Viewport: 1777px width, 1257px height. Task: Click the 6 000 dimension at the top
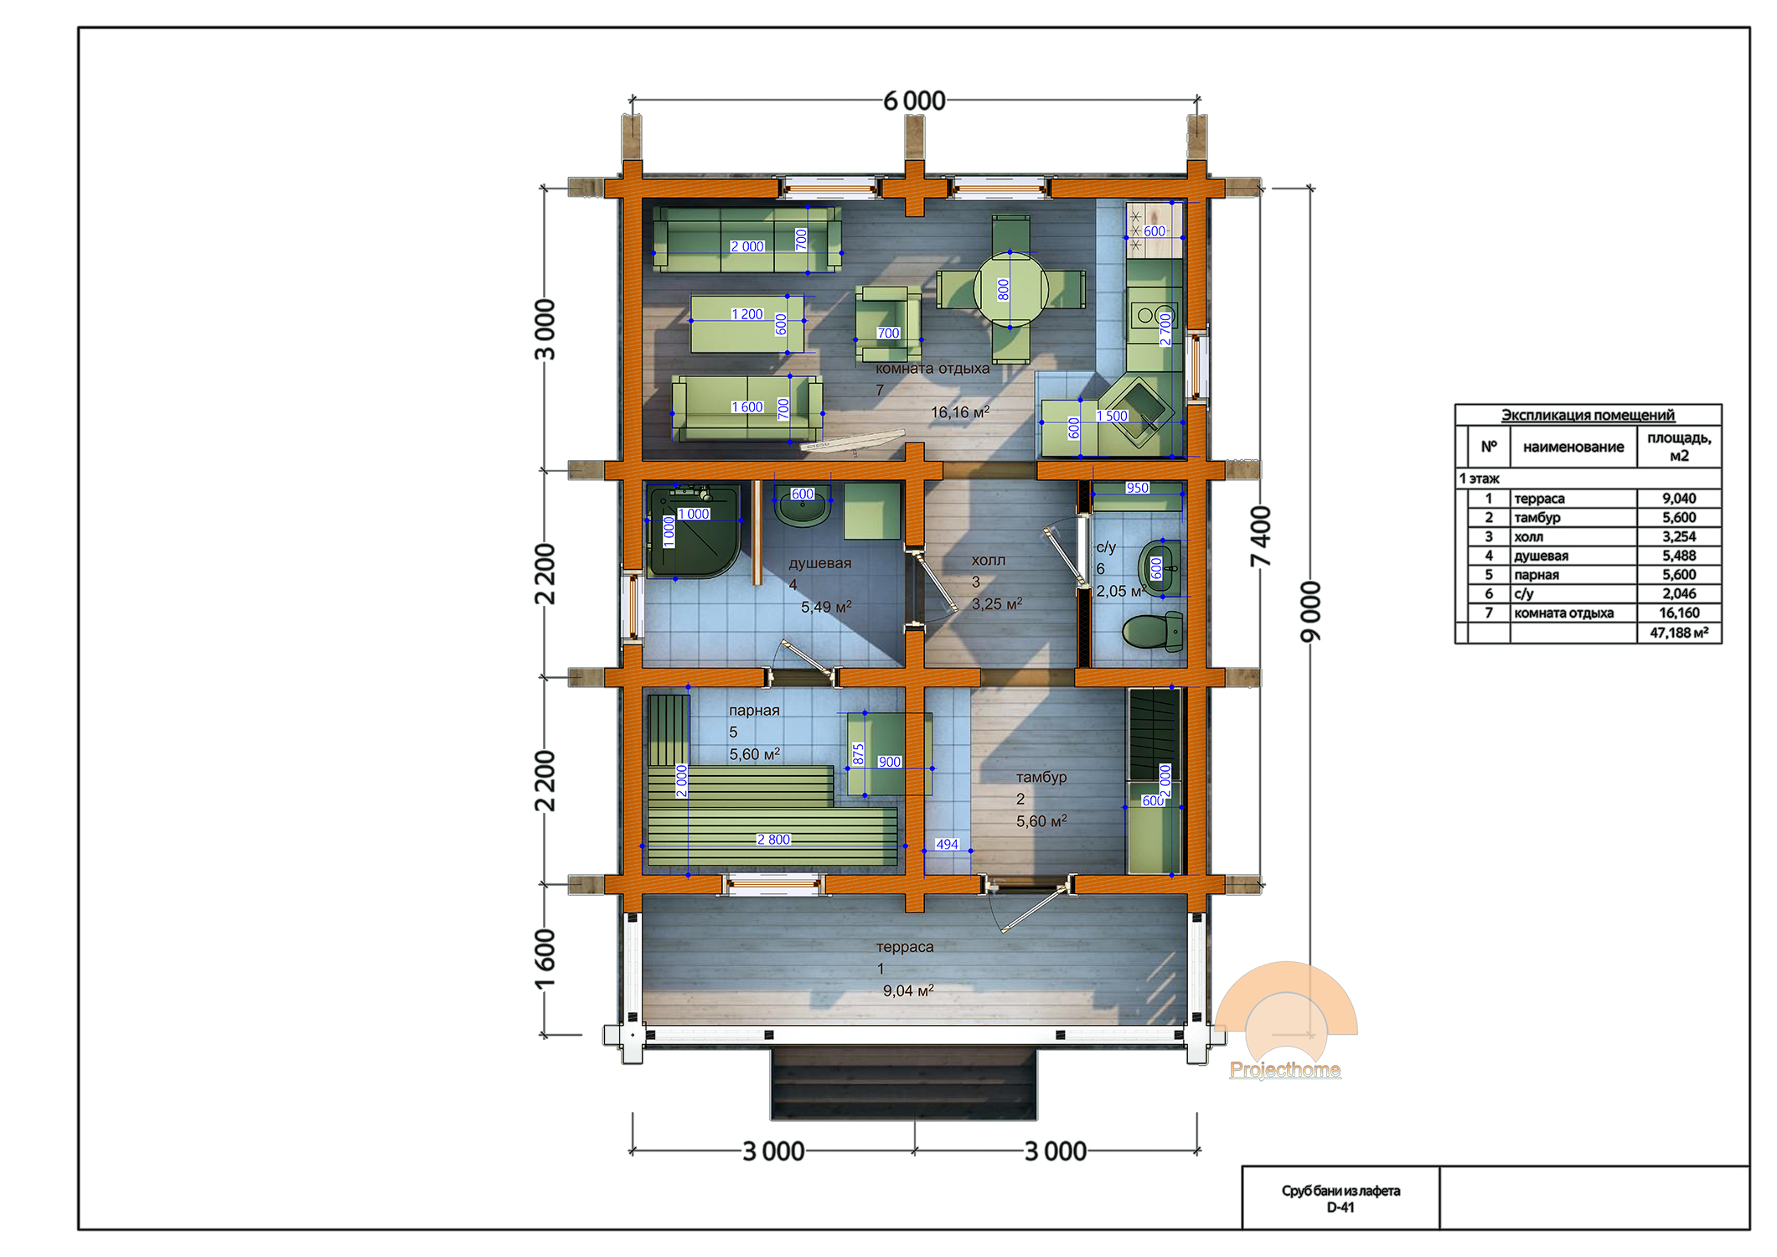914,101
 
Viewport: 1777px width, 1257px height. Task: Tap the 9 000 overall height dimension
1310,612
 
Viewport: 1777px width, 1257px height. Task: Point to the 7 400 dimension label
1260,536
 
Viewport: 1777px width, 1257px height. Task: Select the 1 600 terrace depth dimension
545,959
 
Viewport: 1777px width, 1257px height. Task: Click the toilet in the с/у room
1153,631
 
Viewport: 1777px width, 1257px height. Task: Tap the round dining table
1010,289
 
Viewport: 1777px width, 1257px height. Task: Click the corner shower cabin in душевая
694,531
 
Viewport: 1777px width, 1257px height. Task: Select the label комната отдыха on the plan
932,368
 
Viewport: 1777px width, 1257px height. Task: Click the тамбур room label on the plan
1041,777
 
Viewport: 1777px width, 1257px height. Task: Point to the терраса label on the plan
905,947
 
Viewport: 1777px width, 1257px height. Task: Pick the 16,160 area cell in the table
1679,613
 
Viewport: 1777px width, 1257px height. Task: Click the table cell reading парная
1573,575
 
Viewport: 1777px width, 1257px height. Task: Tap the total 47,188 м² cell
1679,633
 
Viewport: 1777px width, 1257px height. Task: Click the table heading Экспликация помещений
1588,415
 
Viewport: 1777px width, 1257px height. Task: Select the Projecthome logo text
1284,1069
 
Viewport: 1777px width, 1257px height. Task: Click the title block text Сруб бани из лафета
1340,1191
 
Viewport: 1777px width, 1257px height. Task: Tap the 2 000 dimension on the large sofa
746,246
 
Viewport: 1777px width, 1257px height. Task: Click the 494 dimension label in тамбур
947,844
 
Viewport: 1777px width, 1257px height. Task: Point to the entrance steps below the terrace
904,1083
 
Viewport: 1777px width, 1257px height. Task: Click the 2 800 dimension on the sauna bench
772,839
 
